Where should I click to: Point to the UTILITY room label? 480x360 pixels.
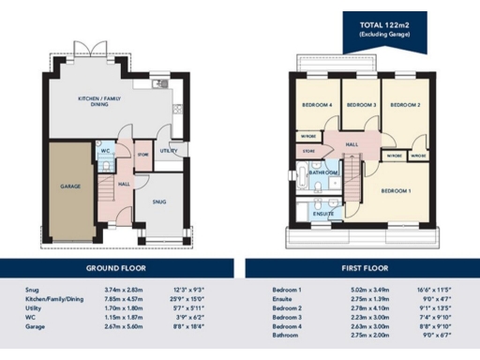168,150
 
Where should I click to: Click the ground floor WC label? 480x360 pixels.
106,150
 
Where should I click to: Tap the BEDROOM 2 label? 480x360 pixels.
404,105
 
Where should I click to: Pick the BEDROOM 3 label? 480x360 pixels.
361,105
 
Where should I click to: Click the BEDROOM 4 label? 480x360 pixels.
317,105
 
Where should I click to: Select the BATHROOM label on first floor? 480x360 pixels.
323,172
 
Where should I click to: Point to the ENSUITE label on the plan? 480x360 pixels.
322,214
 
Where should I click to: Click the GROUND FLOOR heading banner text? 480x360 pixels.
120,267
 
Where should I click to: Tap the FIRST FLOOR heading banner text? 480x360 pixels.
362,267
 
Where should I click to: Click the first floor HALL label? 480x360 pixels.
352,144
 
